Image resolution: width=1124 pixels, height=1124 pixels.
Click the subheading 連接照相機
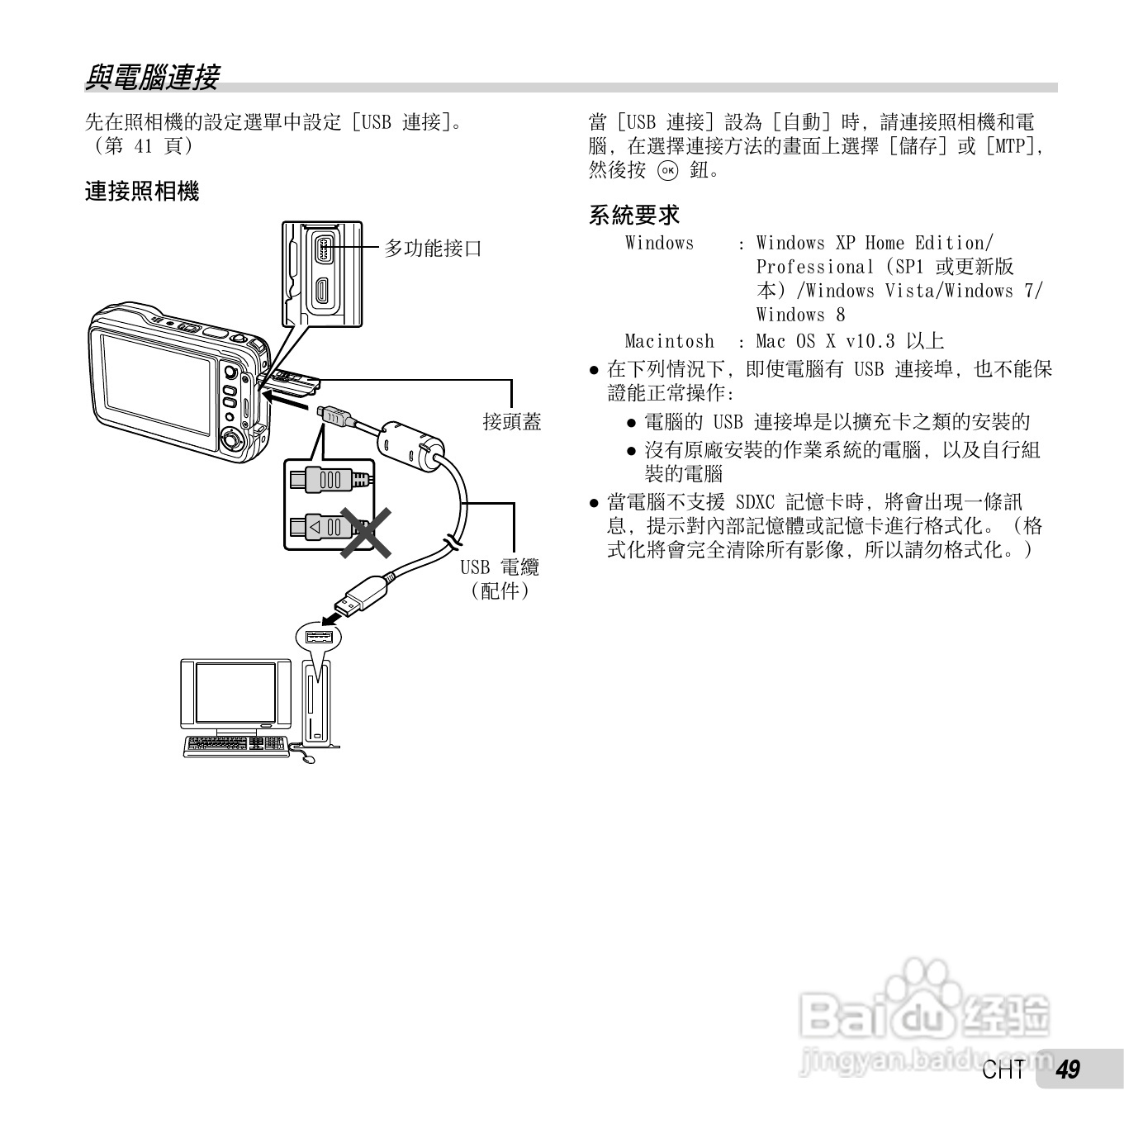click(x=142, y=192)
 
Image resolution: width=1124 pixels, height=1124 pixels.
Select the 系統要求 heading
click(x=633, y=216)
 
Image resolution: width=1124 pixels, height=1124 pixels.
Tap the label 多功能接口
click(x=434, y=248)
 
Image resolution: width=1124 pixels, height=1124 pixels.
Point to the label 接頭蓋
click(x=512, y=422)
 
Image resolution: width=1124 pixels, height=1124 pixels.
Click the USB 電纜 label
click(x=500, y=567)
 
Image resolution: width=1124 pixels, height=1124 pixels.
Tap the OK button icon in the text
click(x=667, y=171)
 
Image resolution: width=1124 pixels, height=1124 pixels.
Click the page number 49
click(x=1068, y=1069)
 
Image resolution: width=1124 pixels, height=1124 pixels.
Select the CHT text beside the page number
click(x=1004, y=1070)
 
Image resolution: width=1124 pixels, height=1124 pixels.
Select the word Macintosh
click(x=669, y=341)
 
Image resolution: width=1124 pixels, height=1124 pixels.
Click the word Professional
click(x=814, y=267)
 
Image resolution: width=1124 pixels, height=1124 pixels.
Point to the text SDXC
click(x=755, y=501)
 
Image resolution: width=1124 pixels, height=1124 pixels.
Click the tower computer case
click(x=316, y=702)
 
